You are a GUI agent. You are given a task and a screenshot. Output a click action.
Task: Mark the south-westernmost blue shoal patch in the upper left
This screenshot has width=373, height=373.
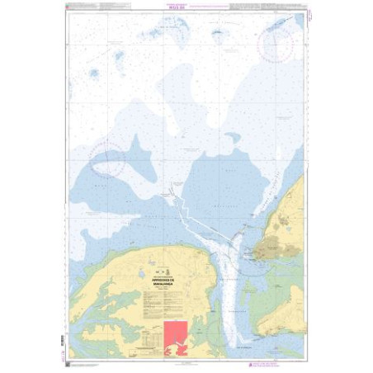(93, 73)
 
